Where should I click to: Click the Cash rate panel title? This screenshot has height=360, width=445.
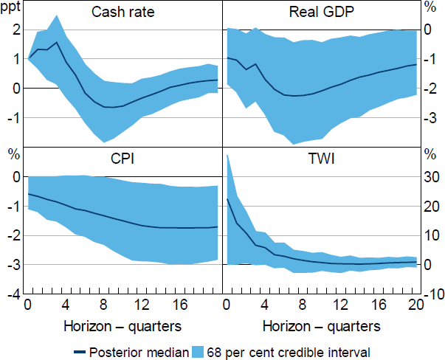tap(123, 13)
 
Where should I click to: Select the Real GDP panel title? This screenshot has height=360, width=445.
tap(320, 13)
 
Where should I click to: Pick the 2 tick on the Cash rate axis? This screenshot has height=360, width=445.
tap(16, 30)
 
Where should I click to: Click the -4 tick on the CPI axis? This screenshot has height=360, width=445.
tap(13, 294)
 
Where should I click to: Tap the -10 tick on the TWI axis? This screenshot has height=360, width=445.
tap(432, 294)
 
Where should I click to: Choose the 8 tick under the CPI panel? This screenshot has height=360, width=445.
tap(104, 305)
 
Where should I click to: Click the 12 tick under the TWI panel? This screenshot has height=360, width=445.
tap(340, 305)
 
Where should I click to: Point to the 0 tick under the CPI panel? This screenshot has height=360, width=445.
tap(28, 305)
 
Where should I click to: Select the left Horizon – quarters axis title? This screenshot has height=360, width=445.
tap(123, 325)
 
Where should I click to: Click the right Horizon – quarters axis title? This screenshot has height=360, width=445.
tap(321, 325)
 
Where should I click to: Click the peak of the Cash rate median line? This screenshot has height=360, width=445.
tap(57, 42)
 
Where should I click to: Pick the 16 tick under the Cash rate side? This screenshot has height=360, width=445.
tap(180, 305)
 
